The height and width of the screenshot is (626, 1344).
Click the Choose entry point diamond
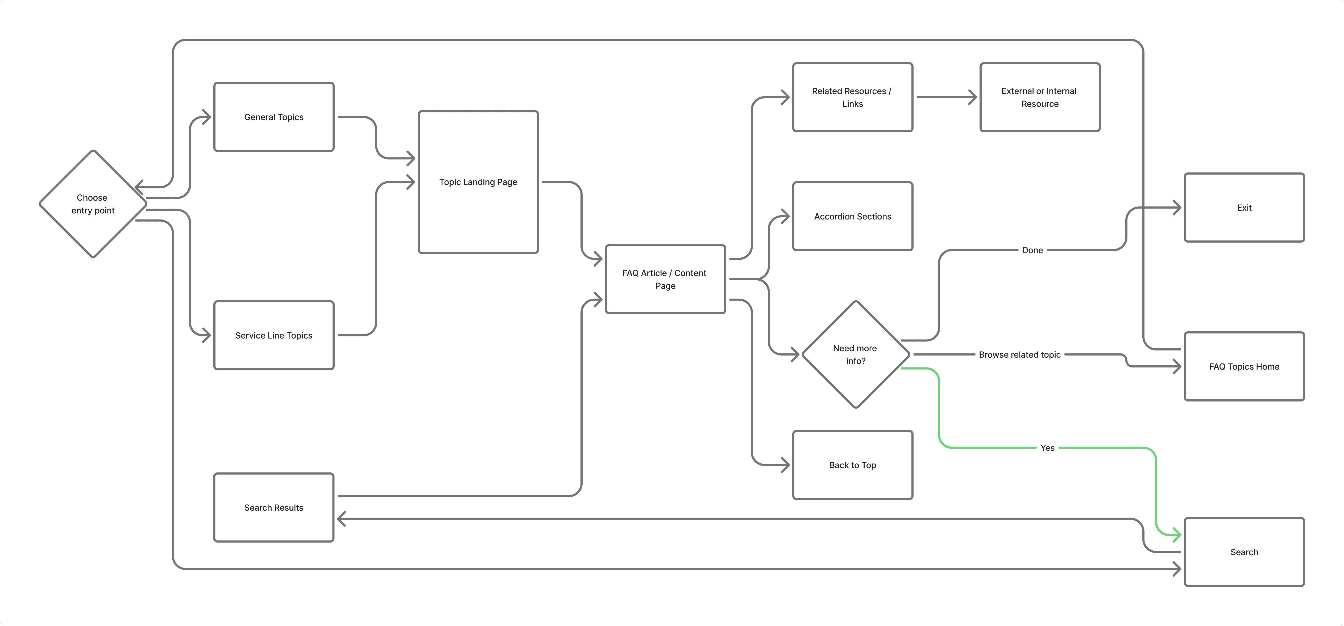[x=93, y=204]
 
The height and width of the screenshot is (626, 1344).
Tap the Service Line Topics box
[x=274, y=335]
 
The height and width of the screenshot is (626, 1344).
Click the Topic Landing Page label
[x=478, y=182]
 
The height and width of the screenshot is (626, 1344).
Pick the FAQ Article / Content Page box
[x=665, y=279]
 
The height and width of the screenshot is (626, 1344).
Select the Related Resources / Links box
[x=853, y=98]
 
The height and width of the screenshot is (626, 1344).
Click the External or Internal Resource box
[x=1040, y=98]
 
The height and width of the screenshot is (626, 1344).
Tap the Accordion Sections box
[x=853, y=216]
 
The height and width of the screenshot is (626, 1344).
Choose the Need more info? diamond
[x=856, y=354]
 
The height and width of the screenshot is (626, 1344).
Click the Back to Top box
[x=853, y=465]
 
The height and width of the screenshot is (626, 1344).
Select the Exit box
[x=1244, y=208]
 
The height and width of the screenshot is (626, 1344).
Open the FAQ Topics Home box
[x=1244, y=366]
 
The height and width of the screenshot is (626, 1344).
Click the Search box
[x=1244, y=552]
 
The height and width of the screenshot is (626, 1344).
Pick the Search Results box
[x=274, y=508]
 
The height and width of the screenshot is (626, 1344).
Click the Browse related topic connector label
[x=1019, y=354]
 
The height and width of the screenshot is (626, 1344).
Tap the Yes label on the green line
[x=1047, y=448]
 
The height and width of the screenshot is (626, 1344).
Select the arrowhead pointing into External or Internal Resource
[x=973, y=98]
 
